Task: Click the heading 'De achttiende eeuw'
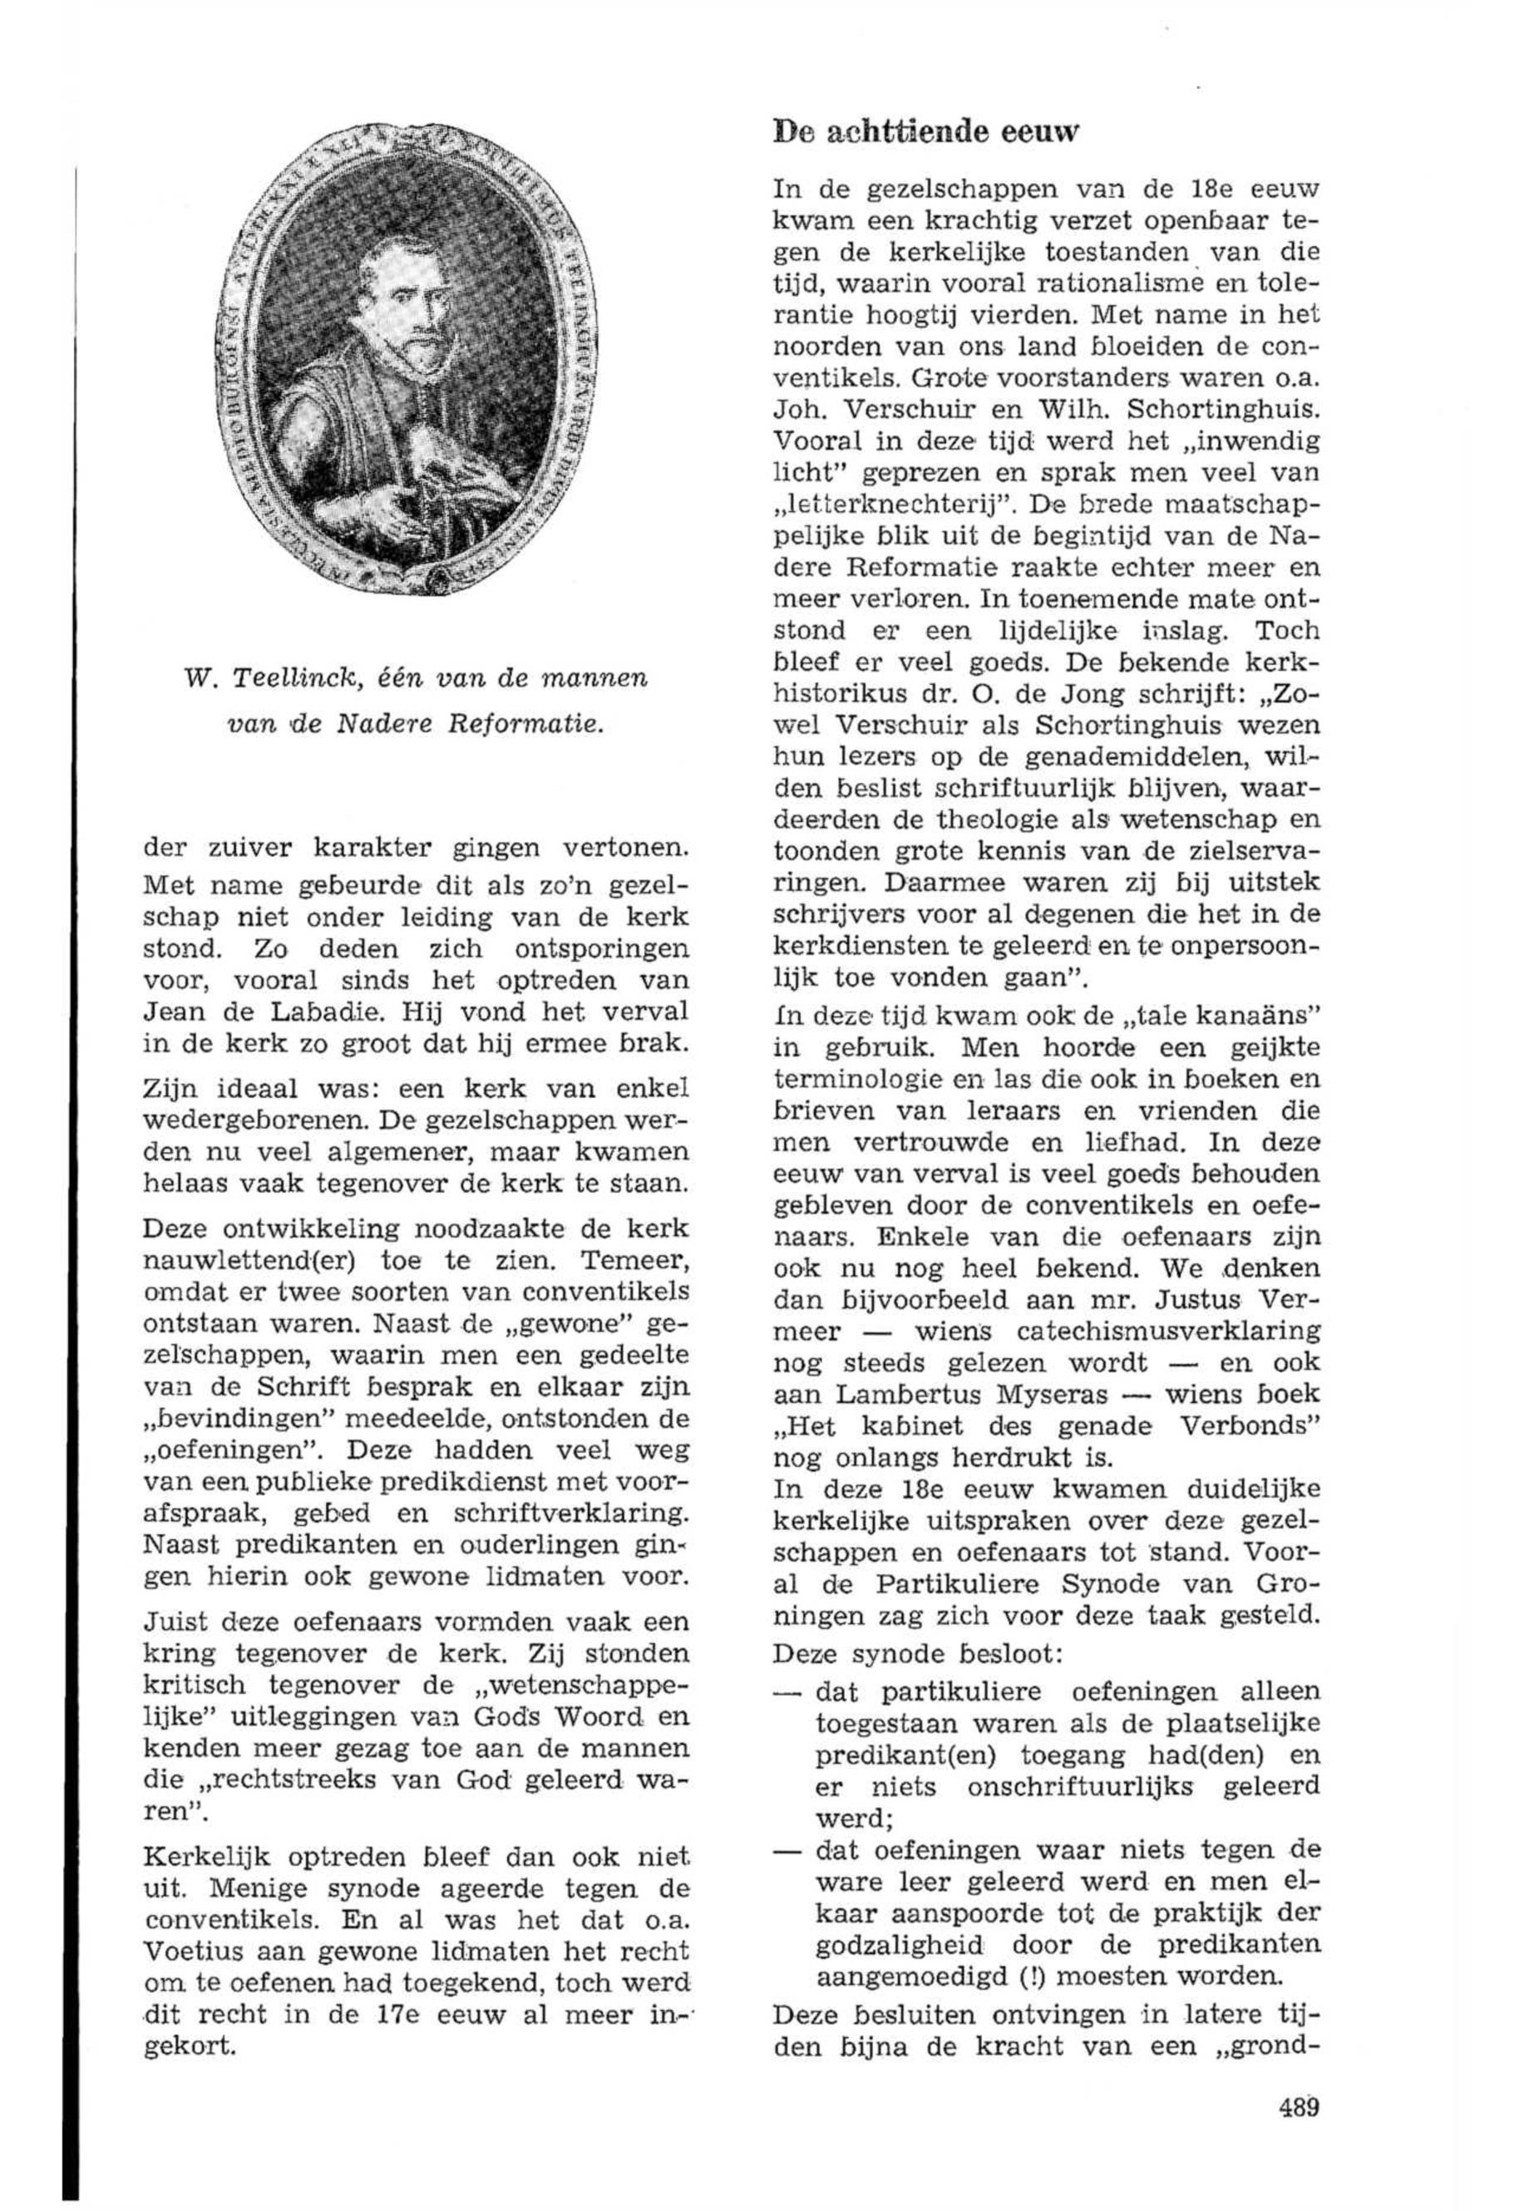click(x=925, y=131)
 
